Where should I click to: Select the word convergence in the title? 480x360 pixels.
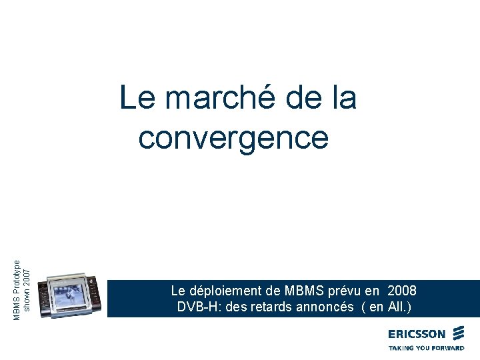pos(233,138)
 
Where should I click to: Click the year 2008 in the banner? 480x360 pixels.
pos(401,291)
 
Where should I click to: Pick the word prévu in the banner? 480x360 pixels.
pos(346,291)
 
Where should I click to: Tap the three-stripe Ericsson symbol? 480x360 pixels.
pos(458,333)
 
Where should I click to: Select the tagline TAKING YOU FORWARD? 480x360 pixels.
pos(426,348)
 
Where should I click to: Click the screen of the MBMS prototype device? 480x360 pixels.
pos(73,295)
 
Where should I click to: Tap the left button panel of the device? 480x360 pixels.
pos(44,299)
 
